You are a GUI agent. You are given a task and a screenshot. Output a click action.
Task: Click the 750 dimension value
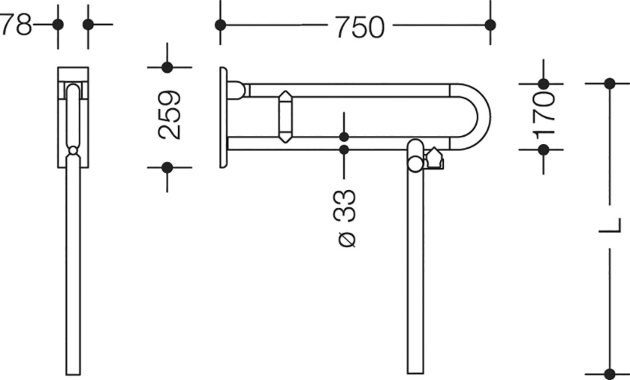pos(360,27)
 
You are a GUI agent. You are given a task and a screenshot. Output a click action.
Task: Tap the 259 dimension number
pos(169,115)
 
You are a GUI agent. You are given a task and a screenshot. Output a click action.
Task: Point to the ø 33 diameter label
pos(344,218)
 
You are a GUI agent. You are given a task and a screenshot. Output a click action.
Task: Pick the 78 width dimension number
pos(16,25)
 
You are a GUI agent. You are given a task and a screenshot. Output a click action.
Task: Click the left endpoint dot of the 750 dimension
pos(220,25)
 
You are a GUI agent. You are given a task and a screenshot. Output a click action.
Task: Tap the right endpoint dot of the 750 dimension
pos(490,25)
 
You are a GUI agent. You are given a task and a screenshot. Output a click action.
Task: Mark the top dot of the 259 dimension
pos(167,67)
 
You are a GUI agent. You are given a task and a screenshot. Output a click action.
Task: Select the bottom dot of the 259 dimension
pos(167,167)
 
